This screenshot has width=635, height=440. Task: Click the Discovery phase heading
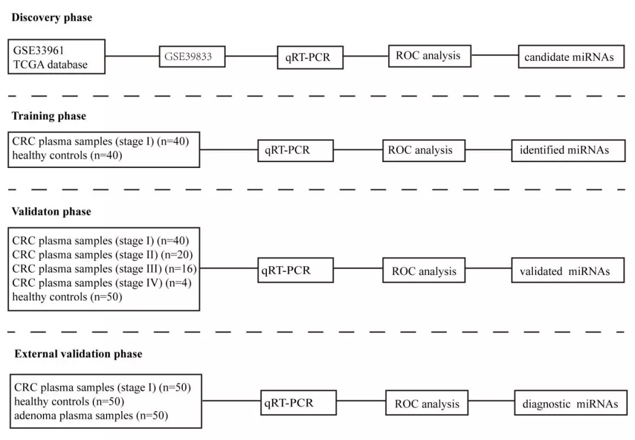coord(52,18)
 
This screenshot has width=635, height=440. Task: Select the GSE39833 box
coord(192,57)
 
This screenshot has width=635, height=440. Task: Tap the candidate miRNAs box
coord(570,57)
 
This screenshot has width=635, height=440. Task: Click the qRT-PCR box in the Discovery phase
coord(310,58)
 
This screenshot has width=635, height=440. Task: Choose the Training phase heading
coord(49,116)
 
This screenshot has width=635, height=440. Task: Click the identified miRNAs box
coord(564,150)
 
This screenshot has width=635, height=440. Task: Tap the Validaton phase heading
coord(51,211)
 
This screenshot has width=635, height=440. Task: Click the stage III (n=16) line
coord(104,269)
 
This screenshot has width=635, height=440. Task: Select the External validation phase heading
coord(78,354)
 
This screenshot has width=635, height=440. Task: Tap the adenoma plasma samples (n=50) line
coord(91,416)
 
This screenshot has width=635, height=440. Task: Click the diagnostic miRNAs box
coord(570,404)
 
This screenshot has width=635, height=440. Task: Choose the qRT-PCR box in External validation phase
coord(299,404)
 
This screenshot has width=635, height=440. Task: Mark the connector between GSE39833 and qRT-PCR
coord(251,57)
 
